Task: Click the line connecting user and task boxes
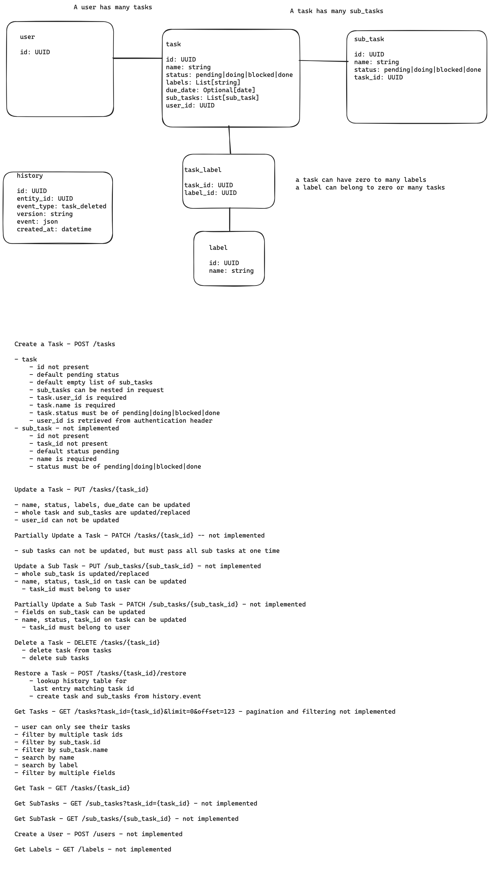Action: pyautogui.click(x=137, y=58)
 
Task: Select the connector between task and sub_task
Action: pyautogui.click(x=323, y=61)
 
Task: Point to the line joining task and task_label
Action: pyautogui.click(x=230, y=140)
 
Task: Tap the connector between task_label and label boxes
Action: pyautogui.click(x=230, y=219)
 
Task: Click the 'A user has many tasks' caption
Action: pyautogui.click(x=113, y=7)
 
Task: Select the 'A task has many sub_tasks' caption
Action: pyautogui.click(x=336, y=11)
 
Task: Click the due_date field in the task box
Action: pyautogui.click(x=210, y=90)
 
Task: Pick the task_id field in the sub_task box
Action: pyautogui.click(x=378, y=77)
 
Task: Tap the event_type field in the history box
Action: pyautogui.click(x=61, y=206)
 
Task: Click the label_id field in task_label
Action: pyautogui.click(x=210, y=193)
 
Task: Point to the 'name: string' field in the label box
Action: pyautogui.click(x=231, y=271)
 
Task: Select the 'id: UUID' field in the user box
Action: pyautogui.click(x=35, y=52)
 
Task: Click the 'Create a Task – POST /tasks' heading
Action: pyautogui.click(x=65, y=344)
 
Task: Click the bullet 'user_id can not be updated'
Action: pyautogui.click(x=66, y=520)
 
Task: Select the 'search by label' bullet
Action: pyautogui.click(x=46, y=765)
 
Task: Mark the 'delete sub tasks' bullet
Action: pyautogui.click(x=55, y=658)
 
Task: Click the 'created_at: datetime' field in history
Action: pyautogui.click(x=54, y=229)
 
